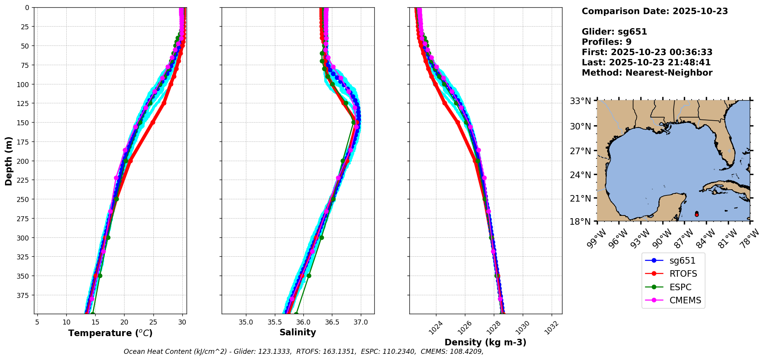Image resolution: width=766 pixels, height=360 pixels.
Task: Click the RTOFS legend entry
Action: click(683, 274)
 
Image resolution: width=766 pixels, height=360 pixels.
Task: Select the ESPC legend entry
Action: click(680, 287)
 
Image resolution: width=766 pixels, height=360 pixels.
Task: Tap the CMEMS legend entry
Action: click(685, 300)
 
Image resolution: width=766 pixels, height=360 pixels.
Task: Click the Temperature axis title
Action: click(110, 333)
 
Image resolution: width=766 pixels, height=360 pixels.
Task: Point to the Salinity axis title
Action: click(298, 332)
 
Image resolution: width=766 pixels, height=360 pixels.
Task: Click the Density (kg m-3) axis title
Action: click(485, 342)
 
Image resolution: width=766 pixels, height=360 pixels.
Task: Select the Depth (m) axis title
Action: click(8, 161)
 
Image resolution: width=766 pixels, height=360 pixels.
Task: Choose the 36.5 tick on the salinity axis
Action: click(332, 322)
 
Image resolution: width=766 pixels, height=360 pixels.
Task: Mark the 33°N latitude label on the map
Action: click(580, 101)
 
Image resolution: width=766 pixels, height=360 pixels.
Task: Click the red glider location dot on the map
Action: click(697, 215)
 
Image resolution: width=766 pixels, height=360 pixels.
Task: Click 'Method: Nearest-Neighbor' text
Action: click(647, 73)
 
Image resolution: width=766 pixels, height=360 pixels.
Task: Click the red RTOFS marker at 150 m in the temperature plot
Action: click(153, 123)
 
